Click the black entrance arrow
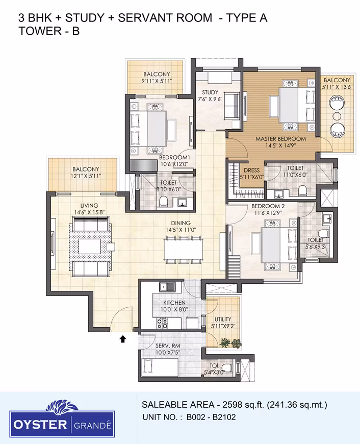(x=122, y=339)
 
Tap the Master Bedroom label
(x=280, y=139)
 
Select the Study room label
(x=210, y=92)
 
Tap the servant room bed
(x=160, y=367)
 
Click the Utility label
(x=223, y=319)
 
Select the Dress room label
(x=251, y=170)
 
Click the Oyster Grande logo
(x=62, y=418)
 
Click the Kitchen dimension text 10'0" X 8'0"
(x=174, y=309)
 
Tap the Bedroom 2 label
(x=268, y=206)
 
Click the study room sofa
(x=232, y=106)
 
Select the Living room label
(x=89, y=206)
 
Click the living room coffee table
(x=89, y=246)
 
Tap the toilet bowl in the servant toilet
(x=227, y=368)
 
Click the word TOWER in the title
(x=40, y=31)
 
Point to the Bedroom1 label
(x=174, y=157)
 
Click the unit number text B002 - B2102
(x=211, y=417)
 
